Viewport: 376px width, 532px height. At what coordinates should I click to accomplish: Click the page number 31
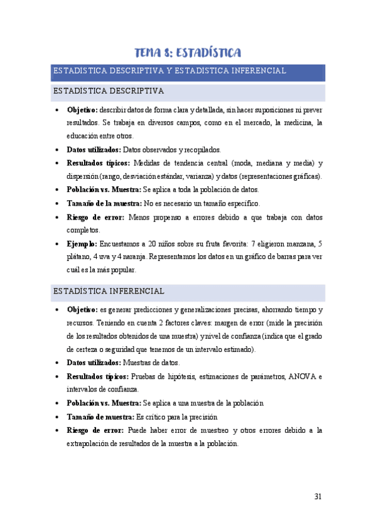(318, 496)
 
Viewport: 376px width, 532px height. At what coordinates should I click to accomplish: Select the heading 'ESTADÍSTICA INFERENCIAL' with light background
(109, 292)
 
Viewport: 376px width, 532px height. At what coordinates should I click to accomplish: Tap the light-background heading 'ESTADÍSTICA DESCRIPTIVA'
(109, 92)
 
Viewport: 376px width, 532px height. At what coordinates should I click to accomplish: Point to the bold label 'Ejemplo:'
(82, 243)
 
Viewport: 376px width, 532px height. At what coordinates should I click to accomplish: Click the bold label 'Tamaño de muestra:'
(100, 417)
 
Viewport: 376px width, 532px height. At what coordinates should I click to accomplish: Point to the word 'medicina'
(291, 122)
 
